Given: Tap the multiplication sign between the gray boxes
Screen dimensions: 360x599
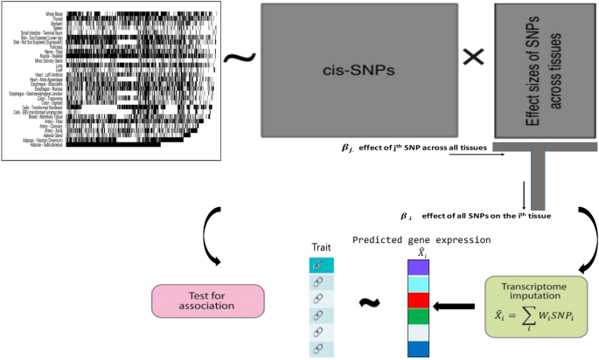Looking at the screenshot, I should (472, 58).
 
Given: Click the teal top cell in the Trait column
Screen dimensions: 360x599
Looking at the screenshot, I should (321, 265).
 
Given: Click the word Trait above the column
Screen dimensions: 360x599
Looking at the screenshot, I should (321, 247).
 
